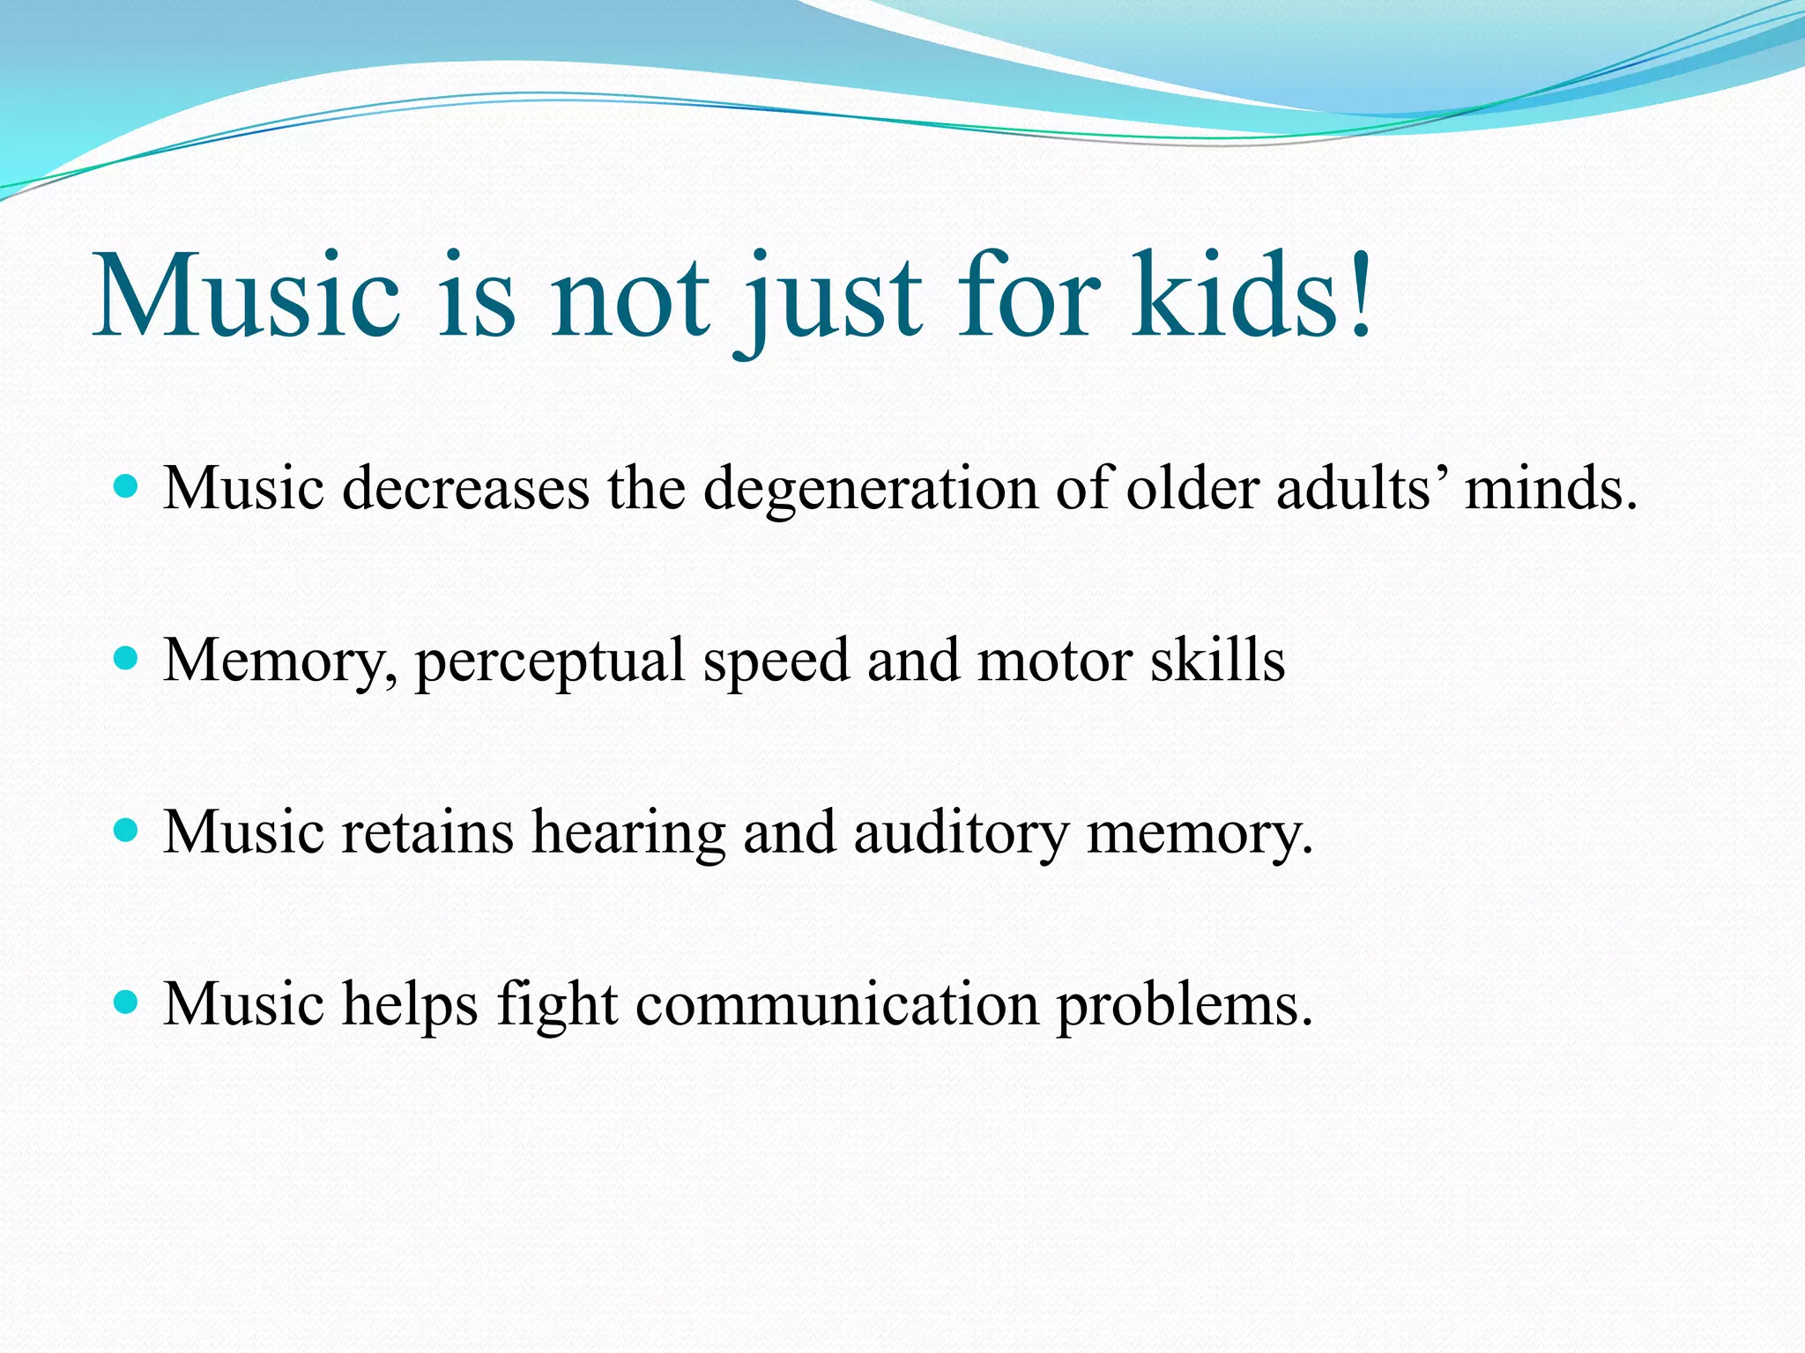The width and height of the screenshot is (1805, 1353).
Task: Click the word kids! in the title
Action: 1252,295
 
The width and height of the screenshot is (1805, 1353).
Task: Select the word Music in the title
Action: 247,295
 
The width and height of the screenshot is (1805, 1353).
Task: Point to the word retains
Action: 427,832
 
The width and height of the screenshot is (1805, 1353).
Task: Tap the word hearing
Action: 629,833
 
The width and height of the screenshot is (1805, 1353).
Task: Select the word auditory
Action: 961,833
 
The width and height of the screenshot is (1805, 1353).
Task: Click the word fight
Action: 557,1004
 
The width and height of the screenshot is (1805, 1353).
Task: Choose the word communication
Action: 837,1004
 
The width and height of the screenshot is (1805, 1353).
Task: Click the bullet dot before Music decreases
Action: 127,487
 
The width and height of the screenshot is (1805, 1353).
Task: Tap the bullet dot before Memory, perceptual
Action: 127,659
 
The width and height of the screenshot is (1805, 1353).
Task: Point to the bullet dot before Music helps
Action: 127,1002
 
